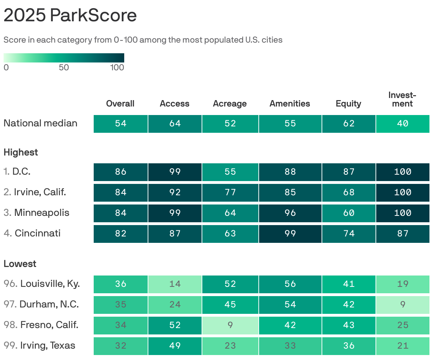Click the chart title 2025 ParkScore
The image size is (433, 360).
click(x=70, y=15)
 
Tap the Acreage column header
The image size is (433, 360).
click(x=230, y=104)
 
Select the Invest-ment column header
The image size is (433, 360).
click(x=402, y=99)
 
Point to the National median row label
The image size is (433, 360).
click(x=40, y=123)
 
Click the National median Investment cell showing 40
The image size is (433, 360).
click(x=402, y=124)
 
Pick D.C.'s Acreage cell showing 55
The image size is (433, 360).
click(x=230, y=172)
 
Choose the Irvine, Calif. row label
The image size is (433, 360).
click(x=35, y=192)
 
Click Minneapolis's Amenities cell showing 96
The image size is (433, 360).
click(x=290, y=213)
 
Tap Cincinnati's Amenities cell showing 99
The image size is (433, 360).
click(x=290, y=234)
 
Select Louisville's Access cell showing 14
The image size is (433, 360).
click(x=175, y=284)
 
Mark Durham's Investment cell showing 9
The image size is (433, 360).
click(x=402, y=305)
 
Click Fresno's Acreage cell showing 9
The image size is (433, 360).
click(x=230, y=325)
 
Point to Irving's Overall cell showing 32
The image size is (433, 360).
click(x=121, y=346)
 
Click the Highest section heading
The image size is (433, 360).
click(x=21, y=152)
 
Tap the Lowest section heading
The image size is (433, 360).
click(x=20, y=264)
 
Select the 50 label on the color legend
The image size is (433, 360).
click(x=64, y=67)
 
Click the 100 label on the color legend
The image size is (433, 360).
click(x=117, y=67)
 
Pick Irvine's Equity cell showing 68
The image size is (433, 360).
click(x=349, y=192)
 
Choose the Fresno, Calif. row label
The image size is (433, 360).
click(x=41, y=325)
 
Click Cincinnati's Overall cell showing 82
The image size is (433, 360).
click(x=121, y=234)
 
